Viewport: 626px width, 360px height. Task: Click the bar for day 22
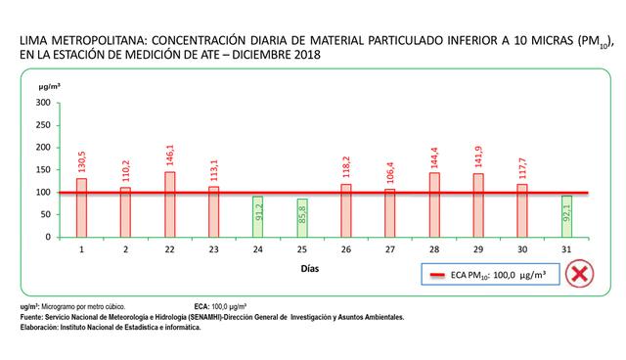coord(170,203)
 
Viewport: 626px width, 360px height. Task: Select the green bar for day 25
coord(302,217)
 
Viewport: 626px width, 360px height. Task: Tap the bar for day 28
coord(434,204)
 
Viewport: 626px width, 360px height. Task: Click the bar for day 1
coord(81,207)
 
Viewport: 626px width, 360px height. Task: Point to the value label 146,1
coord(170,154)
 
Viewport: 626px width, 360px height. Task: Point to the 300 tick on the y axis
coord(42,102)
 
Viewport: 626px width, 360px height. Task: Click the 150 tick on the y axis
coord(42,169)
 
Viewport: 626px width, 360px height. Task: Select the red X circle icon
coord(585,275)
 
